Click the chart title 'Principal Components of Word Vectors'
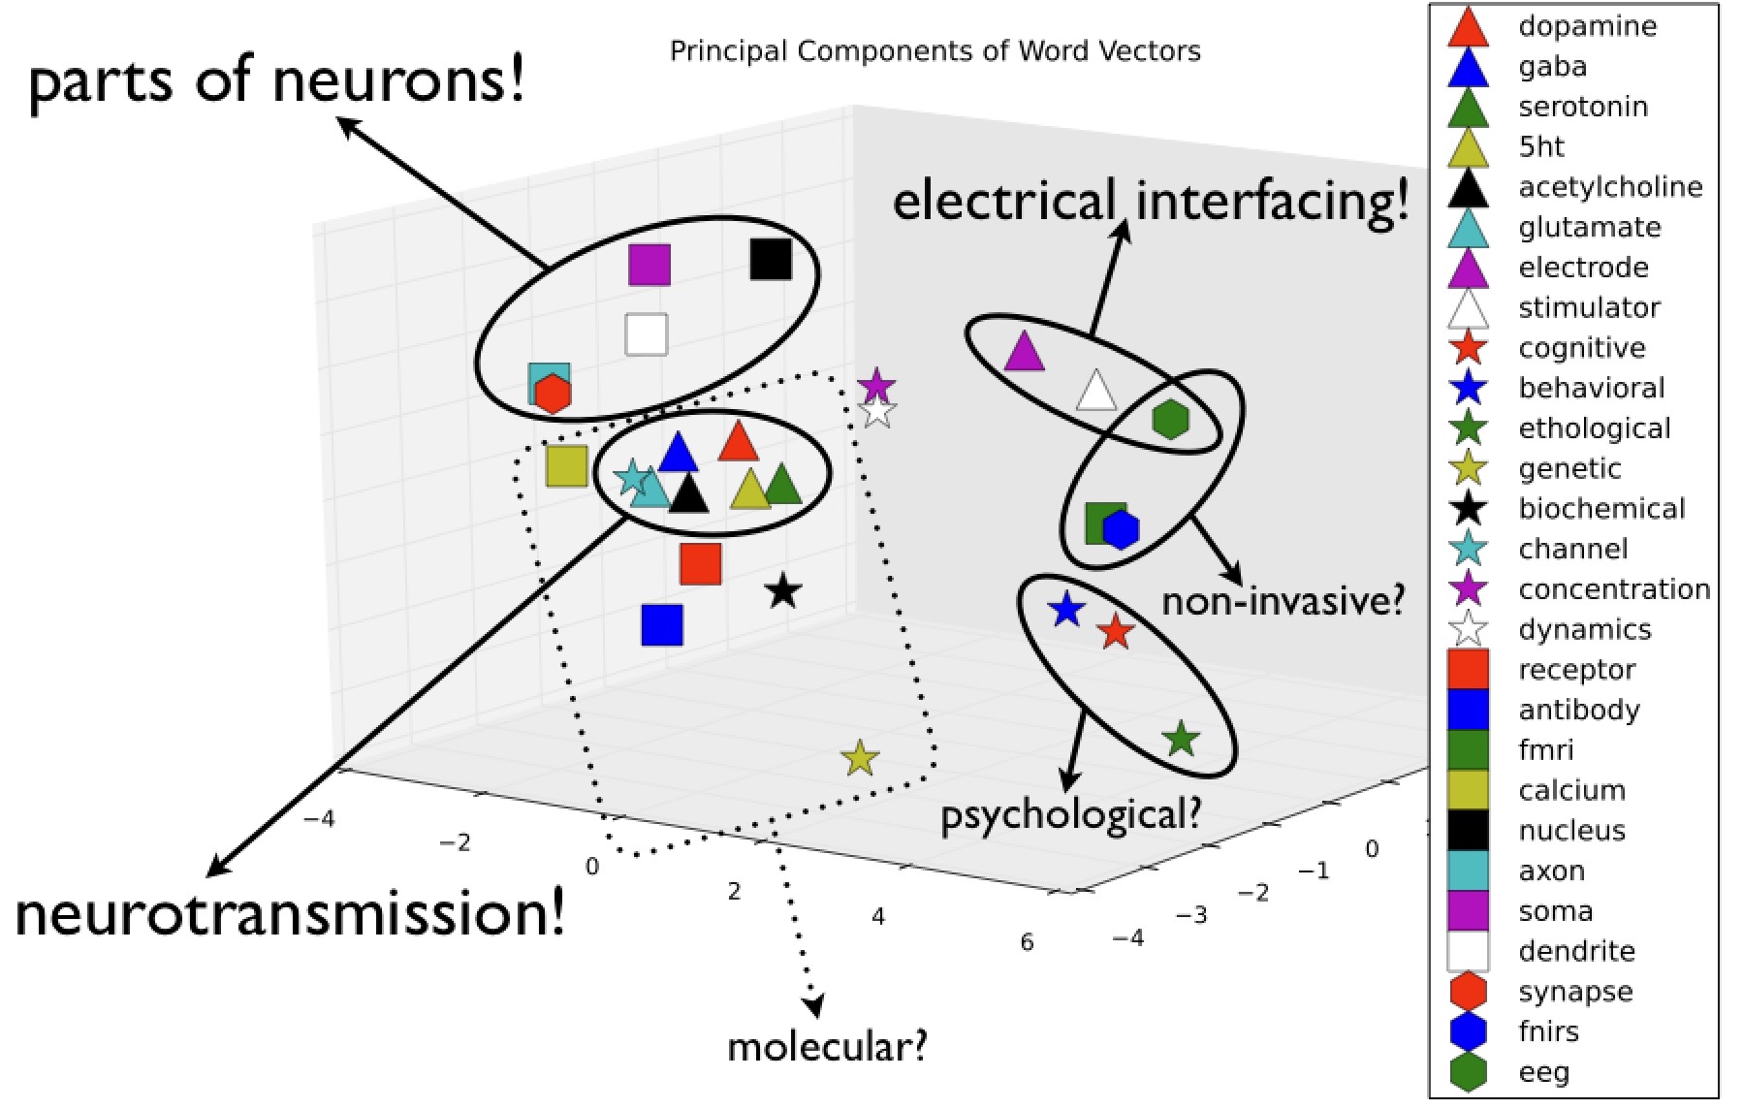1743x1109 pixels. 935,50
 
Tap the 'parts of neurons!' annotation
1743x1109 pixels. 277,79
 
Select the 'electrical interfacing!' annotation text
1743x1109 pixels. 1150,202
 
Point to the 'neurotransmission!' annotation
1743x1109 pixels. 290,913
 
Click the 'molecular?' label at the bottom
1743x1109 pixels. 827,1046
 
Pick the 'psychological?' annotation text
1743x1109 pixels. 1070,814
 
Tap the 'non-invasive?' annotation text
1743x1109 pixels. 1283,602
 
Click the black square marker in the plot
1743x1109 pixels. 771,259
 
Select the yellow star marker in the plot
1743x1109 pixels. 860,758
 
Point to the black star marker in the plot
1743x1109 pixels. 783,590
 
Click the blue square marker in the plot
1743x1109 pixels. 662,625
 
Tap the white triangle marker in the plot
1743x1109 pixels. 1096,391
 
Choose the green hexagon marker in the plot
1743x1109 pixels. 1171,419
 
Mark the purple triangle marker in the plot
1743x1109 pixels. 1024,352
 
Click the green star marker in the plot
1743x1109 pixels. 1181,740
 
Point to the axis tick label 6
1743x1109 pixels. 1027,942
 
